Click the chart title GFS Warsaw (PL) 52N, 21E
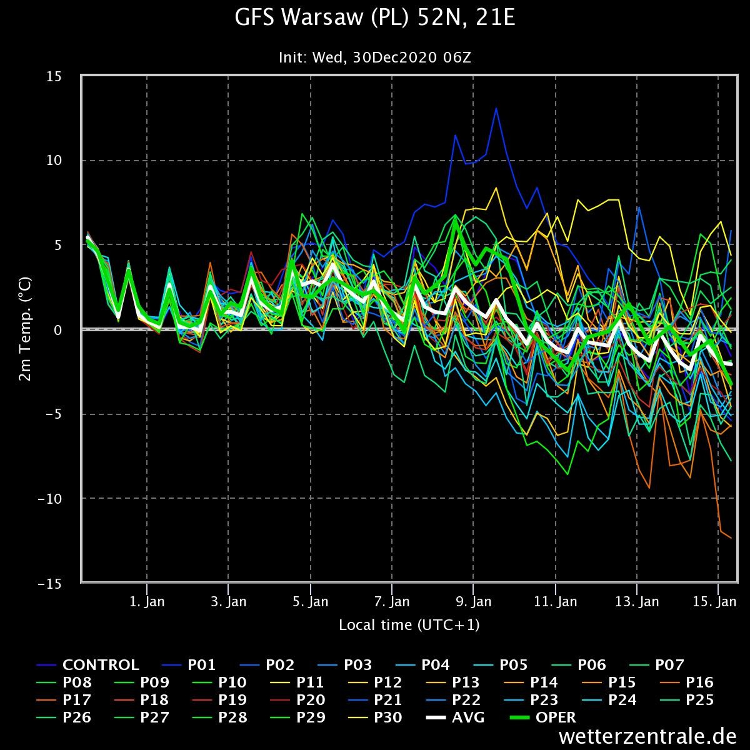375,17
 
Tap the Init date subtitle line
375,57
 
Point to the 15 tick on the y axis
54,76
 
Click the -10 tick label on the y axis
50,499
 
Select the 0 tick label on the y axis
57,330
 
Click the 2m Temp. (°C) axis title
25,329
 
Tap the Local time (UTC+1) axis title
409,625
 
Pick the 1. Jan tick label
147,602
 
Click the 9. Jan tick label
473,602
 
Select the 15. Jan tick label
714,602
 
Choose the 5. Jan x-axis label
310,602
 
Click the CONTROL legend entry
87,665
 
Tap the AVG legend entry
456,717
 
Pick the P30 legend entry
375,717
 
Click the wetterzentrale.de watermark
647,736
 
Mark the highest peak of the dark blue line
496,109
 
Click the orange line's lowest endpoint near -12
731,538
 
